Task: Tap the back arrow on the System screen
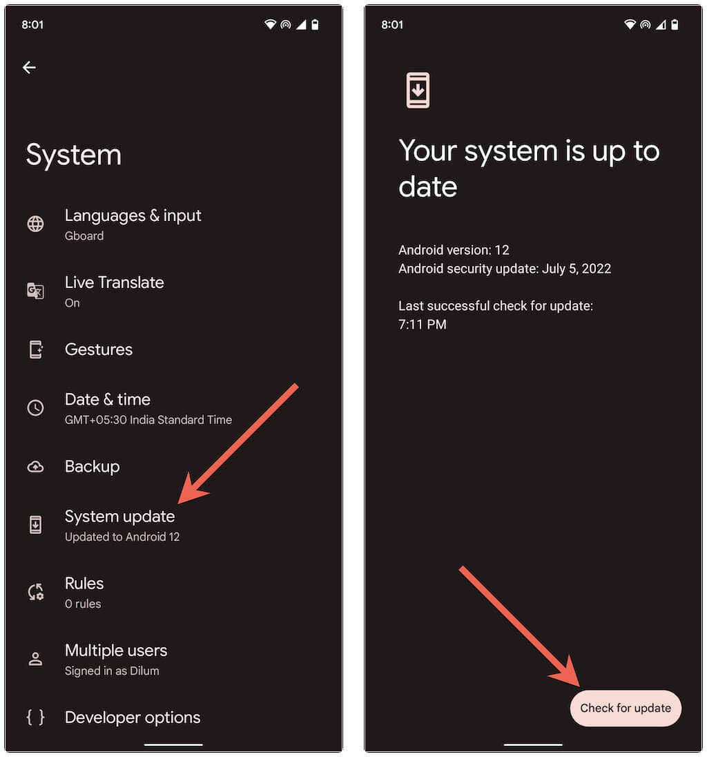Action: click(29, 67)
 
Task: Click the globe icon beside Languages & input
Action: click(35, 224)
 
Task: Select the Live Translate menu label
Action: click(115, 282)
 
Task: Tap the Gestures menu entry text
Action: click(99, 349)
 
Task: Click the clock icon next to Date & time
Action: click(35, 408)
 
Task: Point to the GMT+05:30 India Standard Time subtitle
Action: click(148, 420)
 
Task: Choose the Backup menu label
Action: click(93, 467)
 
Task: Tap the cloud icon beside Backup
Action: click(35, 467)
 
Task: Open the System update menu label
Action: click(119, 517)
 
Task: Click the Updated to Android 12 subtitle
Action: click(122, 537)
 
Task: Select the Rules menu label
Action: click(84, 584)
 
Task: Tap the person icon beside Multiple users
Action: click(35, 659)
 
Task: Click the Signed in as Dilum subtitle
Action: click(112, 671)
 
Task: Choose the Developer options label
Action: click(133, 718)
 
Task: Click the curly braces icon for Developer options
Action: click(35, 718)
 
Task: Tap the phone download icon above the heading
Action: click(418, 90)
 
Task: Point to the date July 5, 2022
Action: click(577, 269)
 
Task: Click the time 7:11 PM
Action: click(423, 325)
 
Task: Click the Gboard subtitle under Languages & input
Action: click(84, 236)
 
